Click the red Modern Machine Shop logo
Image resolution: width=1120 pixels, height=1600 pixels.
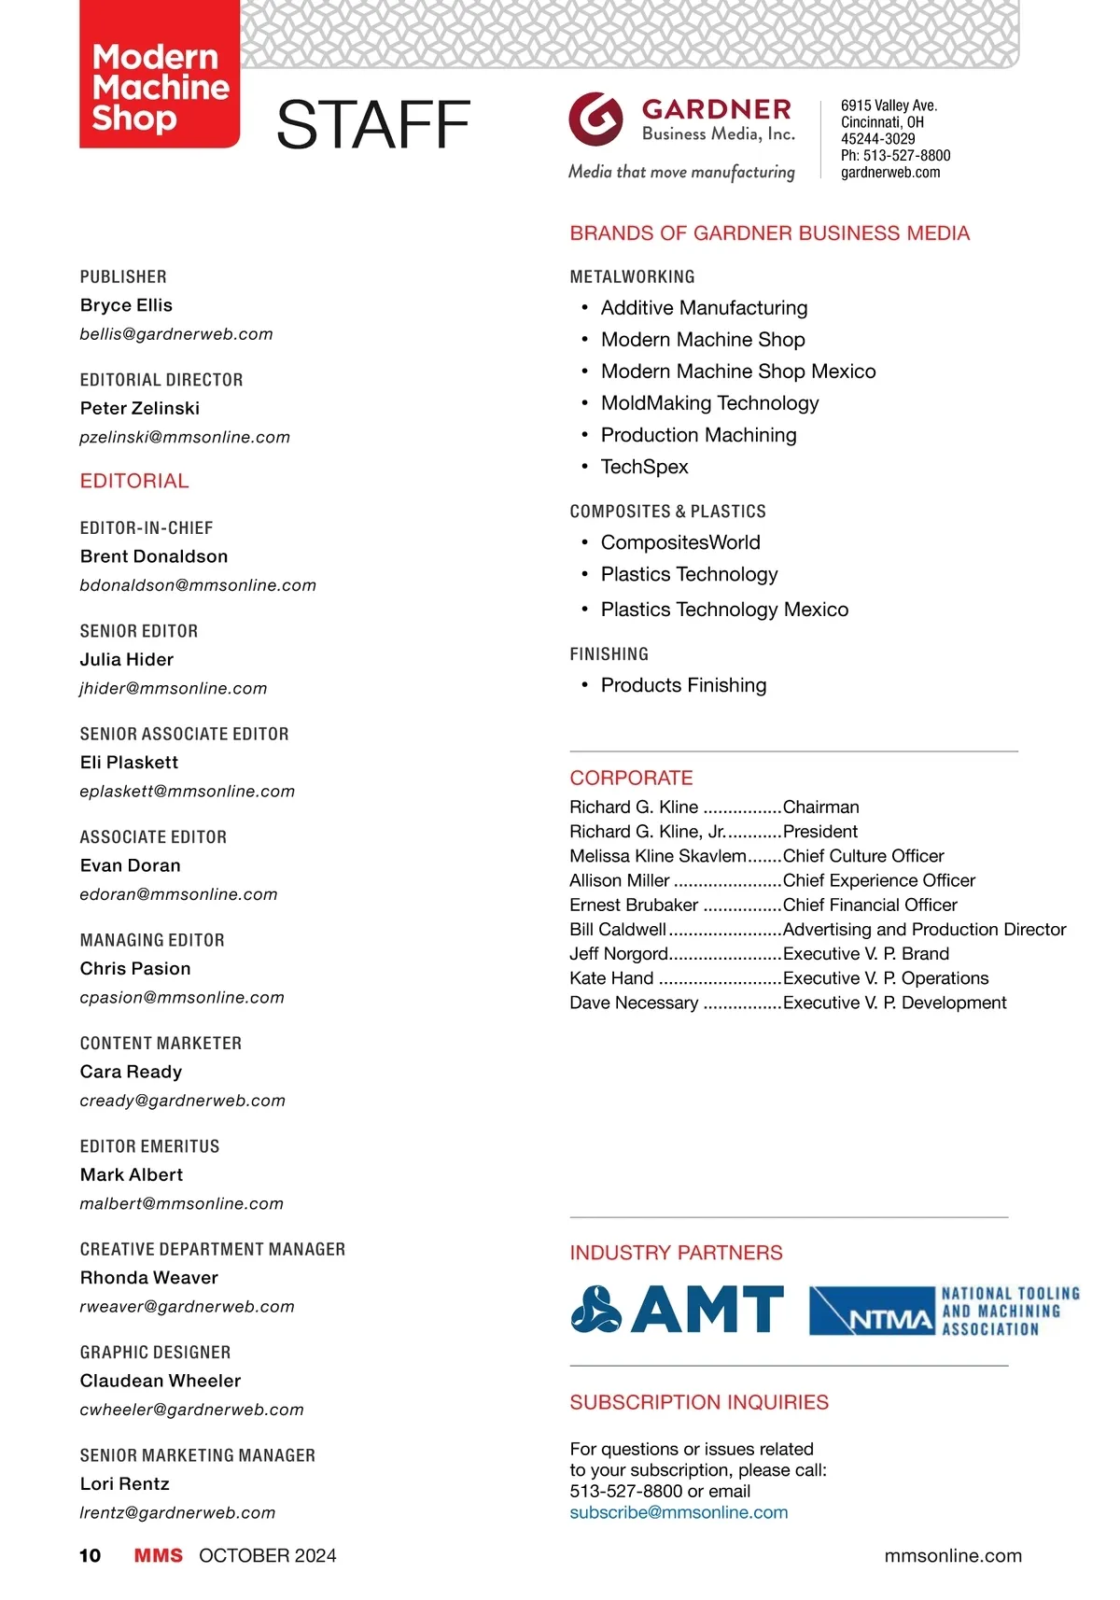click(160, 76)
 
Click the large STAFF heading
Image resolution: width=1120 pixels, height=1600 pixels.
click(373, 126)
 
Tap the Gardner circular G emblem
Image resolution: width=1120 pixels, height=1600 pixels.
click(595, 119)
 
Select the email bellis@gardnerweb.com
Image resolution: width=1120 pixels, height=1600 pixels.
click(176, 334)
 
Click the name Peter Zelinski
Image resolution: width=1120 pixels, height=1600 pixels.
click(140, 408)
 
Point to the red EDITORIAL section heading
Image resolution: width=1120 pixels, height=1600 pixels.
click(134, 481)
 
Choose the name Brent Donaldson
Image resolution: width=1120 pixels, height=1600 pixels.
click(154, 556)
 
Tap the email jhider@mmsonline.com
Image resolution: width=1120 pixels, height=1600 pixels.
click(174, 688)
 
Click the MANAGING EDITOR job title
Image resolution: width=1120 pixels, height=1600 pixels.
click(152, 940)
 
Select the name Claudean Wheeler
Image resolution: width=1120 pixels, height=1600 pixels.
click(161, 1381)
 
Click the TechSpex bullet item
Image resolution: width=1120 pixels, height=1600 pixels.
click(644, 467)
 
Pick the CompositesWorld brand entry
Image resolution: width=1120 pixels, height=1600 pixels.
click(680, 542)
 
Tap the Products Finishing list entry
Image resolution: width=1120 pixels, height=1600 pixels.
click(683, 685)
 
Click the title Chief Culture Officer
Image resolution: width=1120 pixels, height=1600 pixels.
click(863, 856)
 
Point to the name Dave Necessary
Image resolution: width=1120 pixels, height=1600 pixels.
click(634, 1003)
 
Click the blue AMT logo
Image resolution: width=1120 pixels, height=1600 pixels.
click(678, 1309)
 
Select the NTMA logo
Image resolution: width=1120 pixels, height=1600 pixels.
click(943, 1311)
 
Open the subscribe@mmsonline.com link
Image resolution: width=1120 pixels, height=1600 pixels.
click(679, 1512)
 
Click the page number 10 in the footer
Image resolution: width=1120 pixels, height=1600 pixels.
click(91, 1555)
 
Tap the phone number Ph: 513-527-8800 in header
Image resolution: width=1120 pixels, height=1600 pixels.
click(895, 156)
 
